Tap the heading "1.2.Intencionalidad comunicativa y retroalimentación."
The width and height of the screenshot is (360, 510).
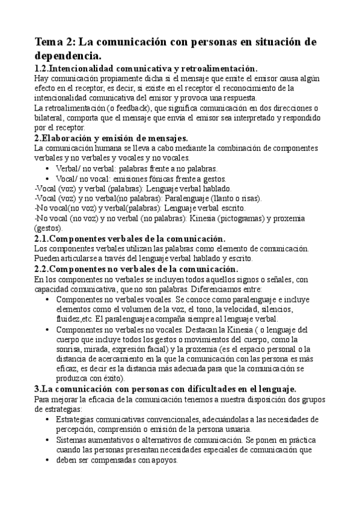[146, 69]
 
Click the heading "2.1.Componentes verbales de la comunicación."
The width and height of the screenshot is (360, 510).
[121, 239]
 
